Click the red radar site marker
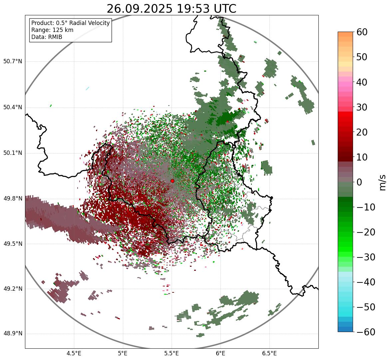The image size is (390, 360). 172,181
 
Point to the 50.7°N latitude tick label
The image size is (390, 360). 12,61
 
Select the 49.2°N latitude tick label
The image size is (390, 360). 12,289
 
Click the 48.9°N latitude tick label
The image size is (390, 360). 12,334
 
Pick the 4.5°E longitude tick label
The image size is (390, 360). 74,353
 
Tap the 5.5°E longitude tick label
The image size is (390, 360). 172,353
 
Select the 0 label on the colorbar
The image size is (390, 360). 359,182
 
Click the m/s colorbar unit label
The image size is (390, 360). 383,182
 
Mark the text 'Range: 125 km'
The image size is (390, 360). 52,30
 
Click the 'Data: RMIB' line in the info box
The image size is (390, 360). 47,37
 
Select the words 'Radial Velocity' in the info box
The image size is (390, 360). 90,23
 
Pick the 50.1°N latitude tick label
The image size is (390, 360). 12,153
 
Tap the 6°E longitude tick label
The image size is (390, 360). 220,353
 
